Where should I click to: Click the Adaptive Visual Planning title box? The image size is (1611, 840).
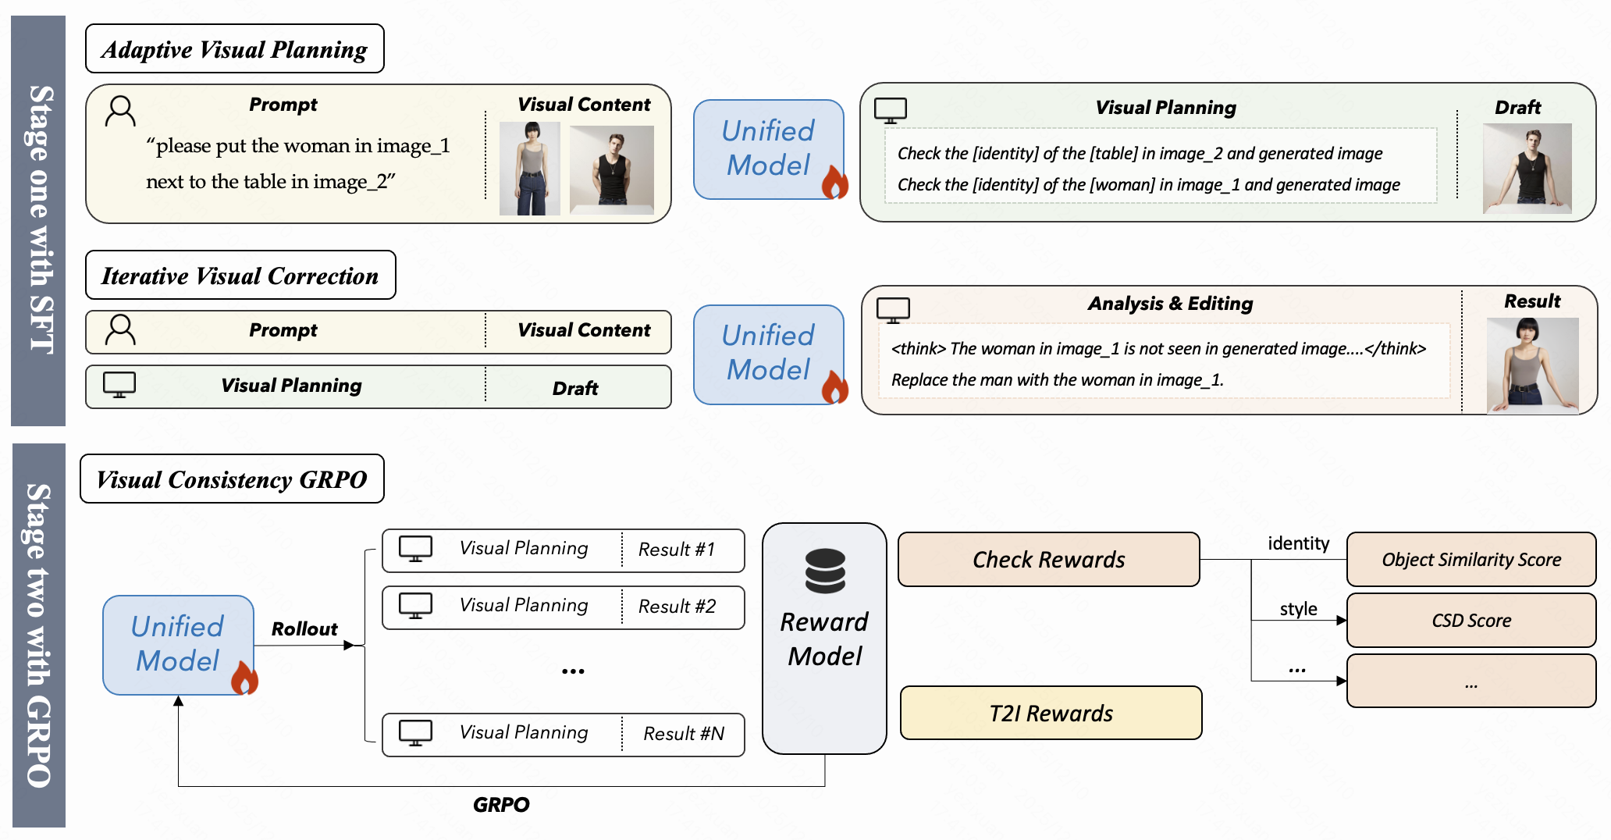click(x=234, y=49)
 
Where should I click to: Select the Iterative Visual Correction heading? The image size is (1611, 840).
click(x=240, y=276)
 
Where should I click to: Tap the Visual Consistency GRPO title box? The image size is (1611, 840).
click(x=232, y=479)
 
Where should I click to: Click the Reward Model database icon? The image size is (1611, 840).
click(x=825, y=571)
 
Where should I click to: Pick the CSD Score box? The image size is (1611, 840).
click(x=1471, y=621)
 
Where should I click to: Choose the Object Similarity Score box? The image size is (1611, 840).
click(x=1471, y=560)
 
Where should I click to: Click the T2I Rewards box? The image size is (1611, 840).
click(x=1051, y=714)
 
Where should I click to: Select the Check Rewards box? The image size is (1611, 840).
click(x=1048, y=560)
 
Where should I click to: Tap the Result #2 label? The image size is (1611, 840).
click(x=677, y=607)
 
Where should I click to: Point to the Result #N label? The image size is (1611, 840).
click(x=684, y=734)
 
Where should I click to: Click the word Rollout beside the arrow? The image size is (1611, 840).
click(x=304, y=629)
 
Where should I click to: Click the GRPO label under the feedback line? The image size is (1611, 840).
click(x=501, y=805)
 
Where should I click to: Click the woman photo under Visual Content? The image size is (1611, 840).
click(x=530, y=169)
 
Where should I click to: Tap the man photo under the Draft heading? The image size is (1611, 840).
click(x=1527, y=169)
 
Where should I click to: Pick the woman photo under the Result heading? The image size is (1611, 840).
click(x=1532, y=365)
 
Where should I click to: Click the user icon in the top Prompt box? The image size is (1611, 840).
click(x=120, y=112)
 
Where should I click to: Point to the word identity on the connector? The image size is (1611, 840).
click(x=1298, y=543)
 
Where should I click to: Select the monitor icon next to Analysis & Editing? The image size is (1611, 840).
click(x=893, y=310)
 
